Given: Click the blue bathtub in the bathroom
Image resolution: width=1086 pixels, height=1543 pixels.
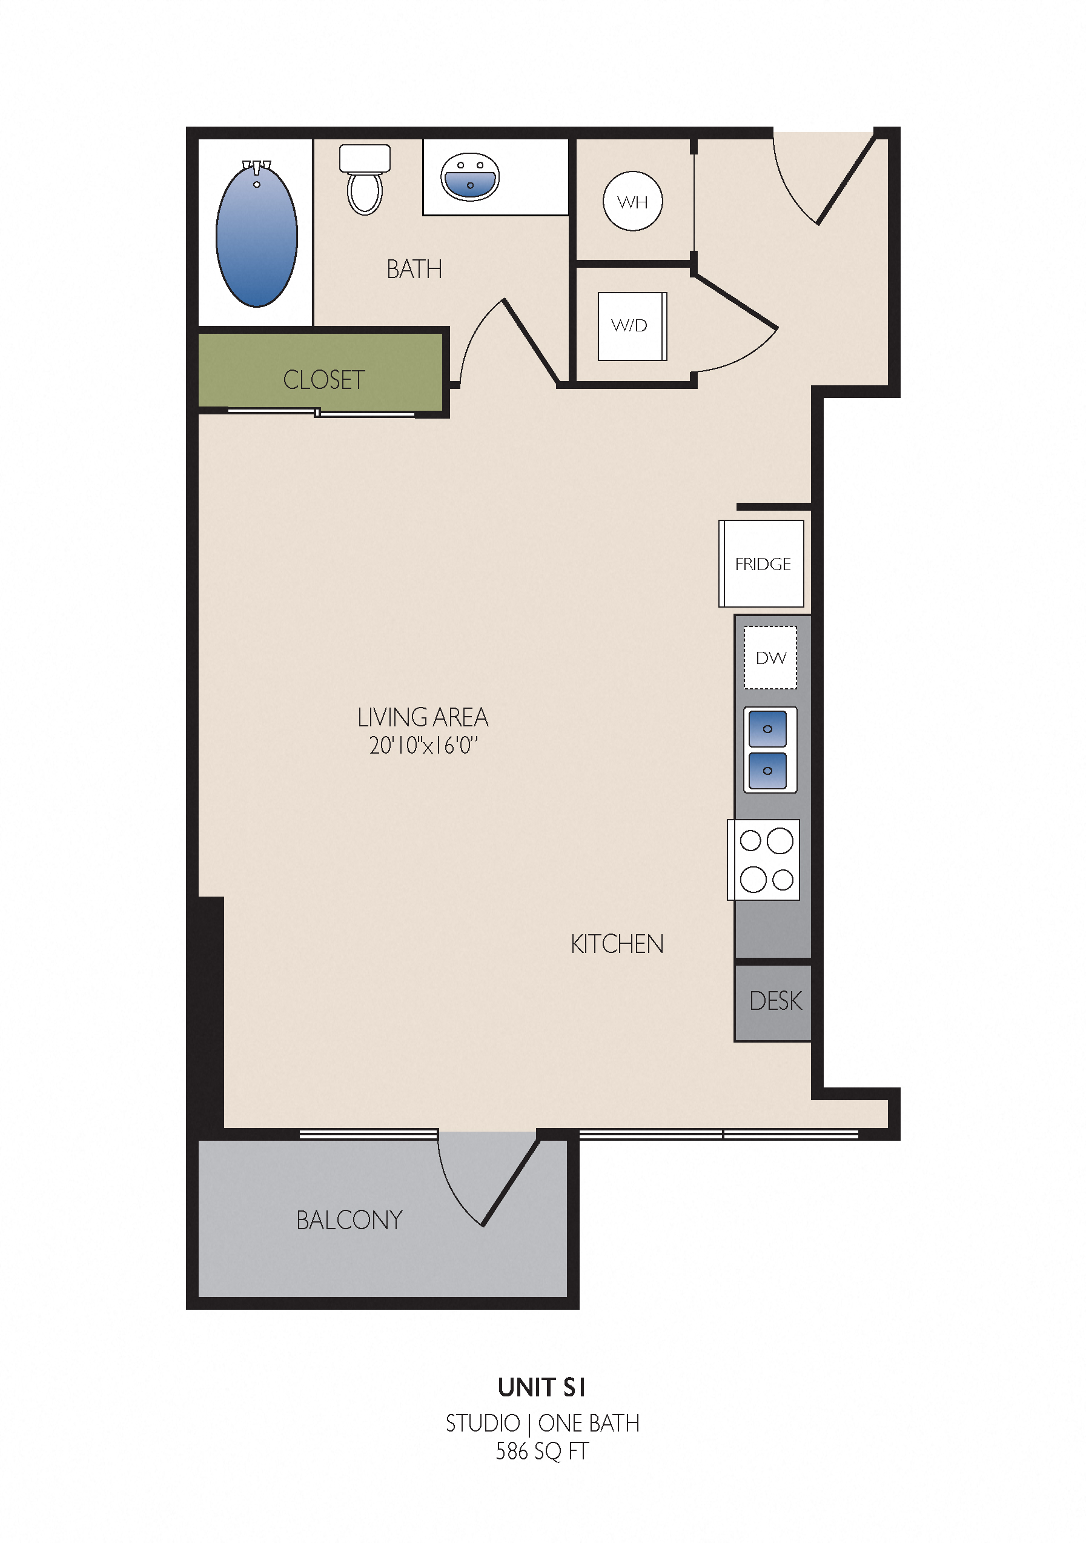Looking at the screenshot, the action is [256, 234].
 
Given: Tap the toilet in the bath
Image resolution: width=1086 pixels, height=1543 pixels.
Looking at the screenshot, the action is [365, 179].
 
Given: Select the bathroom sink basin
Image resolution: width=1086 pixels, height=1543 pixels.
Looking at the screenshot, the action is [471, 177].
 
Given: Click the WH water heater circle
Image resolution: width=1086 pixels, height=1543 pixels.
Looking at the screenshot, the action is [632, 202].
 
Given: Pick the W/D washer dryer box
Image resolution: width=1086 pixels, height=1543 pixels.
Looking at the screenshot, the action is [632, 326].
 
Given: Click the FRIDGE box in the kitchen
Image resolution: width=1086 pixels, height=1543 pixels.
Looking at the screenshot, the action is [761, 564].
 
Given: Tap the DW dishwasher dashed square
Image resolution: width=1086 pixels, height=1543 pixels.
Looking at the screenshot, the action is [770, 657].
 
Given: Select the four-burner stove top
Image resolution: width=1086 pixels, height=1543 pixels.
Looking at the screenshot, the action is [763, 860].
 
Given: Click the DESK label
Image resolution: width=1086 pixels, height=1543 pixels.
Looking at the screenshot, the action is [775, 1001].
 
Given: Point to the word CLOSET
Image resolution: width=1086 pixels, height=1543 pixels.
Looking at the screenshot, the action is [324, 380].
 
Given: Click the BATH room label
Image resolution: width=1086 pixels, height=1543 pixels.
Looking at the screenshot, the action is [414, 270].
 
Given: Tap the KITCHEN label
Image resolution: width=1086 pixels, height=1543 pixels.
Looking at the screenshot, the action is [617, 944].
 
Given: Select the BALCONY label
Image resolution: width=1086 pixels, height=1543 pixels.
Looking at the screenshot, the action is [349, 1219].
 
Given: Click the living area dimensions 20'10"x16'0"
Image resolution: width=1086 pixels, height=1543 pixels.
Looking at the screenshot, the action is [423, 745].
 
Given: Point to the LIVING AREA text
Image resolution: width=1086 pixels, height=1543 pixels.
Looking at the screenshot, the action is [423, 717].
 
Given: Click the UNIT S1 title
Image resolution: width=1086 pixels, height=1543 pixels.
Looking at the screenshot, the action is [541, 1387].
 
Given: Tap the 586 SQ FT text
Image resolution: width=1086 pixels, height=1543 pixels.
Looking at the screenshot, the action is [542, 1452].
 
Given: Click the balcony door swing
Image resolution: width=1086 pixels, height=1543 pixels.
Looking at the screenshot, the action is [489, 1179].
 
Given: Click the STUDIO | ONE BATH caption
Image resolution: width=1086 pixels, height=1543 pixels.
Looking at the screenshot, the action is [542, 1422].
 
